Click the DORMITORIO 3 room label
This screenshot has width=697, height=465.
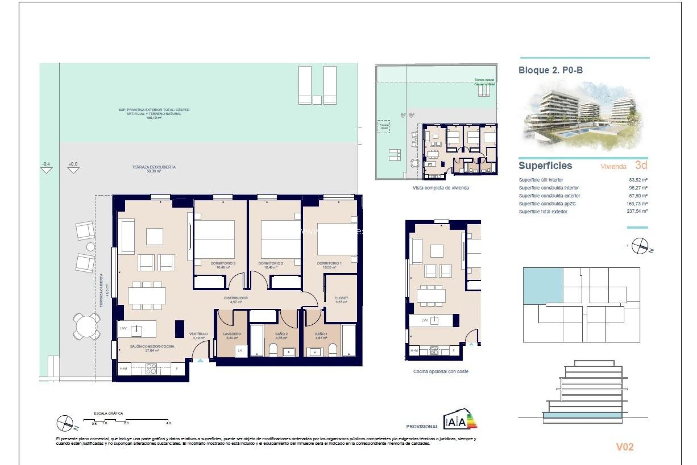click(223, 263)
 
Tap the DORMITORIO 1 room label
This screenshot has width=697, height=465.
click(329, 263)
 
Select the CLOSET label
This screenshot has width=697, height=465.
click(341, 298)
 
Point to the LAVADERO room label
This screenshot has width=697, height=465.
click(232, 333)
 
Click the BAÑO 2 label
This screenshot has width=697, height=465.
click(281, 333)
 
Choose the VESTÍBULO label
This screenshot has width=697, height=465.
click(199, 333)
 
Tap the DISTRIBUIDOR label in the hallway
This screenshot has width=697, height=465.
click(236, 298)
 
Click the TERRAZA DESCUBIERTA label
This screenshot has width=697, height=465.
click(154, 167)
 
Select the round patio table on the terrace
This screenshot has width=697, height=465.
click(86, 326)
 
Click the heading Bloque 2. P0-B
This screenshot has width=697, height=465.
click(550, 70)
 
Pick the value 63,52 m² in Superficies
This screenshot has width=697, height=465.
click(638, 180)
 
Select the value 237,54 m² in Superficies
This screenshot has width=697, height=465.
click(637, 211)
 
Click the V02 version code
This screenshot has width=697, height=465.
click(625, 447)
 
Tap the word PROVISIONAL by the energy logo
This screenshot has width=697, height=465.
click(422, 426)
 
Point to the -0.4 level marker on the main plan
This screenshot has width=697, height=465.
click(46, 164)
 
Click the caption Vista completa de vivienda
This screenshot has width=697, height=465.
click(441, 188)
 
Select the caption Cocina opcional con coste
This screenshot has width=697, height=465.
click(441, 372)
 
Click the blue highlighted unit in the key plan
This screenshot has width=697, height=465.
click(543, 285)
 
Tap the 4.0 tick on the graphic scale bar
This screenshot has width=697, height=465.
click(168, 423)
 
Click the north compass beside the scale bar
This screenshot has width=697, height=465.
click(65, 423)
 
